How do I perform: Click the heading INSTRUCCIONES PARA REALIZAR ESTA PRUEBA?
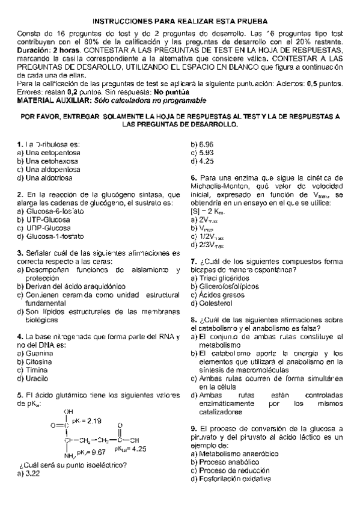[179, 20]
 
